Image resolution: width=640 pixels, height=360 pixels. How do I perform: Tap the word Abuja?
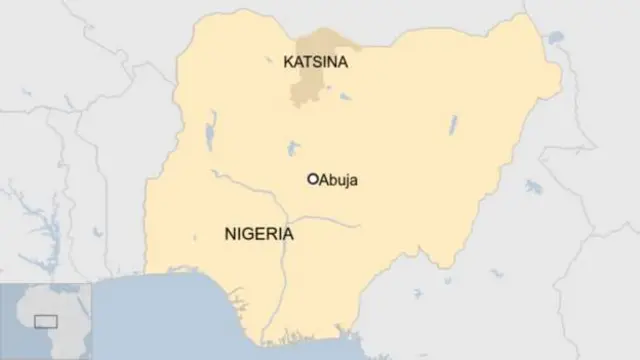[x=338, y=180]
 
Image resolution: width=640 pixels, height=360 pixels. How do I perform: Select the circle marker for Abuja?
[x=313, y=179]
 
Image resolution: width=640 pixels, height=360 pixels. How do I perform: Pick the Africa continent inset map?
[x=45, y=320]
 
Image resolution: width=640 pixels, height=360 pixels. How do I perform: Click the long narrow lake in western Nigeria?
[x=211, y=135]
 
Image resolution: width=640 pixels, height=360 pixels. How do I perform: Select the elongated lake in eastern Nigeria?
[x=453, y=125]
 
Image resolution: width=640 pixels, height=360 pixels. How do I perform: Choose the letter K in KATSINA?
[x=289, y=62]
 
